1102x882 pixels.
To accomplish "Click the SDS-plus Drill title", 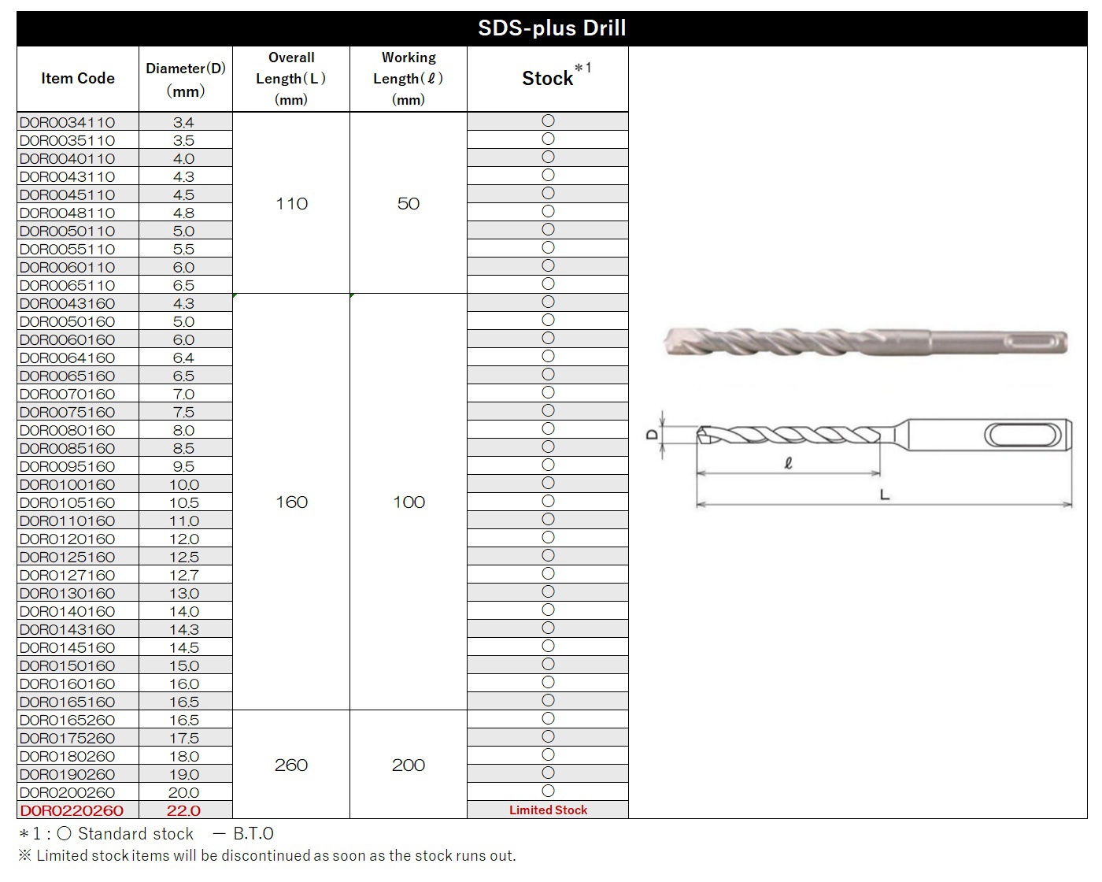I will click(552, 28).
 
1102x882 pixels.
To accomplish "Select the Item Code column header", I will click(77, 79).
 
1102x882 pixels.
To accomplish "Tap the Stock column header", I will click(548, 79).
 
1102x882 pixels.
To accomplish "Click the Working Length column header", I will click(409, 79).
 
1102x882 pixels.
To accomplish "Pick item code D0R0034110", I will click(68, 123).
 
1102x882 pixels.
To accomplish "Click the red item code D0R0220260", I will click(72, 811).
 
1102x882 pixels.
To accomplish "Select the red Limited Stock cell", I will click(548, 810).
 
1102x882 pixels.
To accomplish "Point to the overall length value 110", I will click(291, 204).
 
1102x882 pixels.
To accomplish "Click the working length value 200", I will click(409, 765).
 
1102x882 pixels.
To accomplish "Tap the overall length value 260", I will click(291, 765).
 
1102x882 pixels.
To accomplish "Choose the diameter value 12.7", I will click(184, 576).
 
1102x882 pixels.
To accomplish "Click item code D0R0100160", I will click(68, 485).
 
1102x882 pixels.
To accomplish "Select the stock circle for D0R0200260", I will click(549, 791).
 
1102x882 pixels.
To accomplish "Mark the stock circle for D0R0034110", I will click(549, 121).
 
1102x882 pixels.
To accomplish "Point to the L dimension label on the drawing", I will click(884, 495).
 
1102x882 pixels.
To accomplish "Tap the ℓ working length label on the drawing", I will click(788, 464).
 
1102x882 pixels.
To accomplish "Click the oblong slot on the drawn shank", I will click(1022, 435).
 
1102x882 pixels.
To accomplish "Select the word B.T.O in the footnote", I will click(253, 834).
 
